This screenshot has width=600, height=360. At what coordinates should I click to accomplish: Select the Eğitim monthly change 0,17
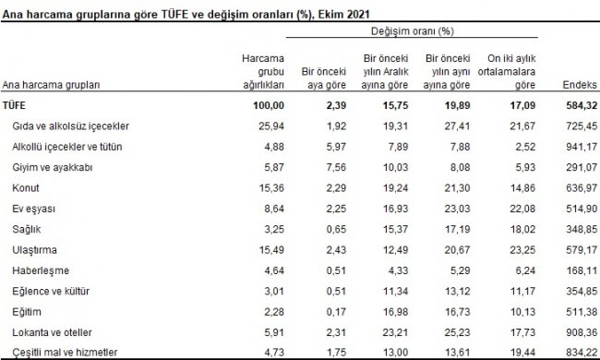333,313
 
